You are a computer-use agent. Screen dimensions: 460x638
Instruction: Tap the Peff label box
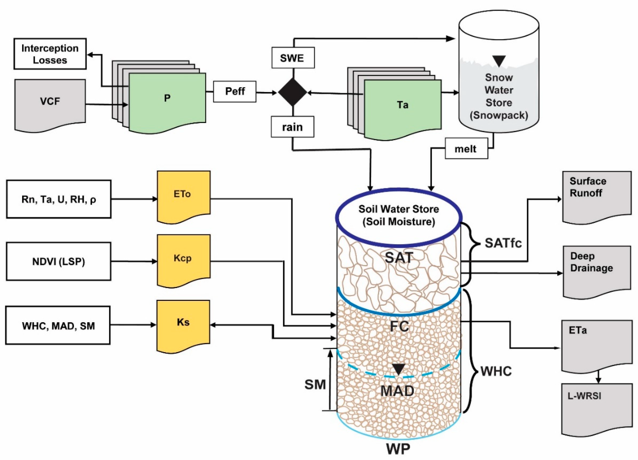(235, 92)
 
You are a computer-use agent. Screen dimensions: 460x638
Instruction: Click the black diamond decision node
(293, 92)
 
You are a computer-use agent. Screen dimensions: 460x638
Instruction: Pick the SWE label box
(293, 58)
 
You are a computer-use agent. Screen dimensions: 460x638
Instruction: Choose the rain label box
(293, 127)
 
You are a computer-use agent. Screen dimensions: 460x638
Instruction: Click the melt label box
(466, 148)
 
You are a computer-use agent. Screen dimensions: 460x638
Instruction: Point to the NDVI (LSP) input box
(59, 262)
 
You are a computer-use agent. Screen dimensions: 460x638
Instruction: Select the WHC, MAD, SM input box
(58, 325)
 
